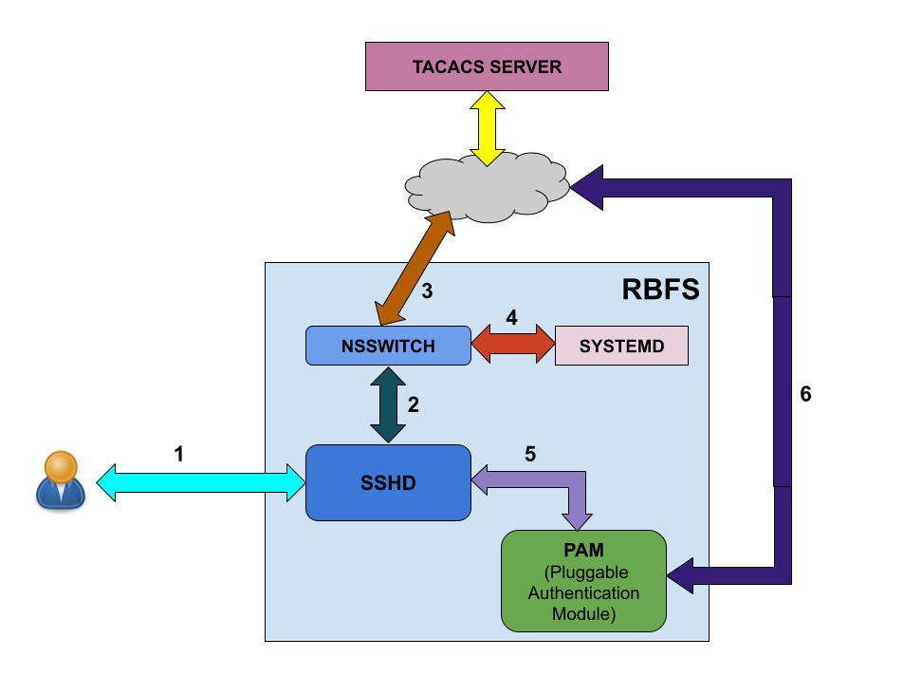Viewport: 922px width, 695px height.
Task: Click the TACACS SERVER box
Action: (x=487, y=66)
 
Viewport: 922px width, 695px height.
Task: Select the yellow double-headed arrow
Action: (x=487, y=128)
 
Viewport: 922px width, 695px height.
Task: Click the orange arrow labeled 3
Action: (x=415, y=268)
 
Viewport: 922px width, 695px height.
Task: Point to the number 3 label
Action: (x=427, y=291)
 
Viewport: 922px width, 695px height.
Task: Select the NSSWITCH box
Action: (x=388, y=346)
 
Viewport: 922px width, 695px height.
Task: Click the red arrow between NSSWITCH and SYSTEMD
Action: (x=512, y=344)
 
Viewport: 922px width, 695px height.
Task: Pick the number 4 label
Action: (x=511, y=318)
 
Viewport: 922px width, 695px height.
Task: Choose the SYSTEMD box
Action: (x=621, y=346)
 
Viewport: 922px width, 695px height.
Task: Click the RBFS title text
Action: (x=660, y=289)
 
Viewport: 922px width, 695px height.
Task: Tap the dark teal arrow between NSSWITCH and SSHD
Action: (x=388, y=404)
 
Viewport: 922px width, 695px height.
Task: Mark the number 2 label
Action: (x=413, y=404)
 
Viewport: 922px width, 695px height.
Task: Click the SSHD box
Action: (x=388, y=482)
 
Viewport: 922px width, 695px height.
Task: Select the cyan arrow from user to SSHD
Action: (x=200, y=482)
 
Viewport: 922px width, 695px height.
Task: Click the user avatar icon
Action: (x=61, y=480)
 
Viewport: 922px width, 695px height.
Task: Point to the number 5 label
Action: (x=530, y=455)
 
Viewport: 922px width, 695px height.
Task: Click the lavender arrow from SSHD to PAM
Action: (x=576, y=489)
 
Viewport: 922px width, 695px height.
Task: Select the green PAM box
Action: (x=583, y=581)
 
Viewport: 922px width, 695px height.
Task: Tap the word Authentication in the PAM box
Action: (x=583, y=593)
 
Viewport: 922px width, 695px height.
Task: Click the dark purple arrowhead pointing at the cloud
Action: (x=588, y=187)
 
